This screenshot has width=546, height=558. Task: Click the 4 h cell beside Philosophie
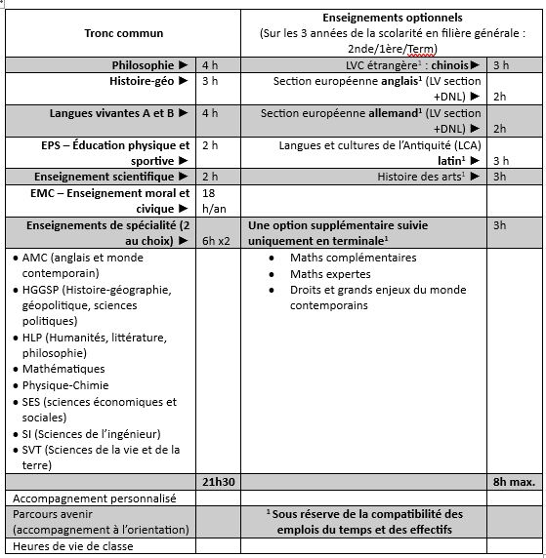click(x=210, y=65)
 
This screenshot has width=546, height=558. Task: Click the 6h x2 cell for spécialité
click(x=216, y=240)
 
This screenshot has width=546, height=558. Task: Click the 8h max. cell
click(x=513, y=483)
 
